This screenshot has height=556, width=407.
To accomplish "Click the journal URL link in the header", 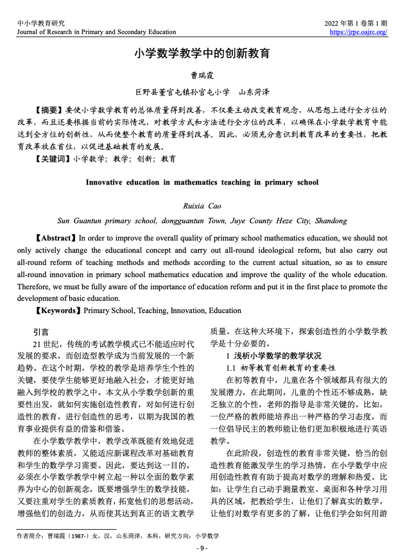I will [358, 31].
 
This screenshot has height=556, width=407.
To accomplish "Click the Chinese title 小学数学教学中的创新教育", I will [202, 53].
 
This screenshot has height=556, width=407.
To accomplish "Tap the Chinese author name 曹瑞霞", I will [202, 75].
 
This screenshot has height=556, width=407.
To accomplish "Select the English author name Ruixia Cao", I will [202, 206].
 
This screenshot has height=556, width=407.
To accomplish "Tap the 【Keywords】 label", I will [58, 310].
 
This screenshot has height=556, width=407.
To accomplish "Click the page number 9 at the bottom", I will [202, 548].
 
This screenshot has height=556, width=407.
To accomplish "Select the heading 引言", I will [40, 332].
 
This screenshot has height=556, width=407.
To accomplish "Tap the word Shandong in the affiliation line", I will [331, 221].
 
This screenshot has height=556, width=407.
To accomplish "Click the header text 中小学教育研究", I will [40, 23].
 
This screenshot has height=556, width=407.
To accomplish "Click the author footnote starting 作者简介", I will [118, 535].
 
